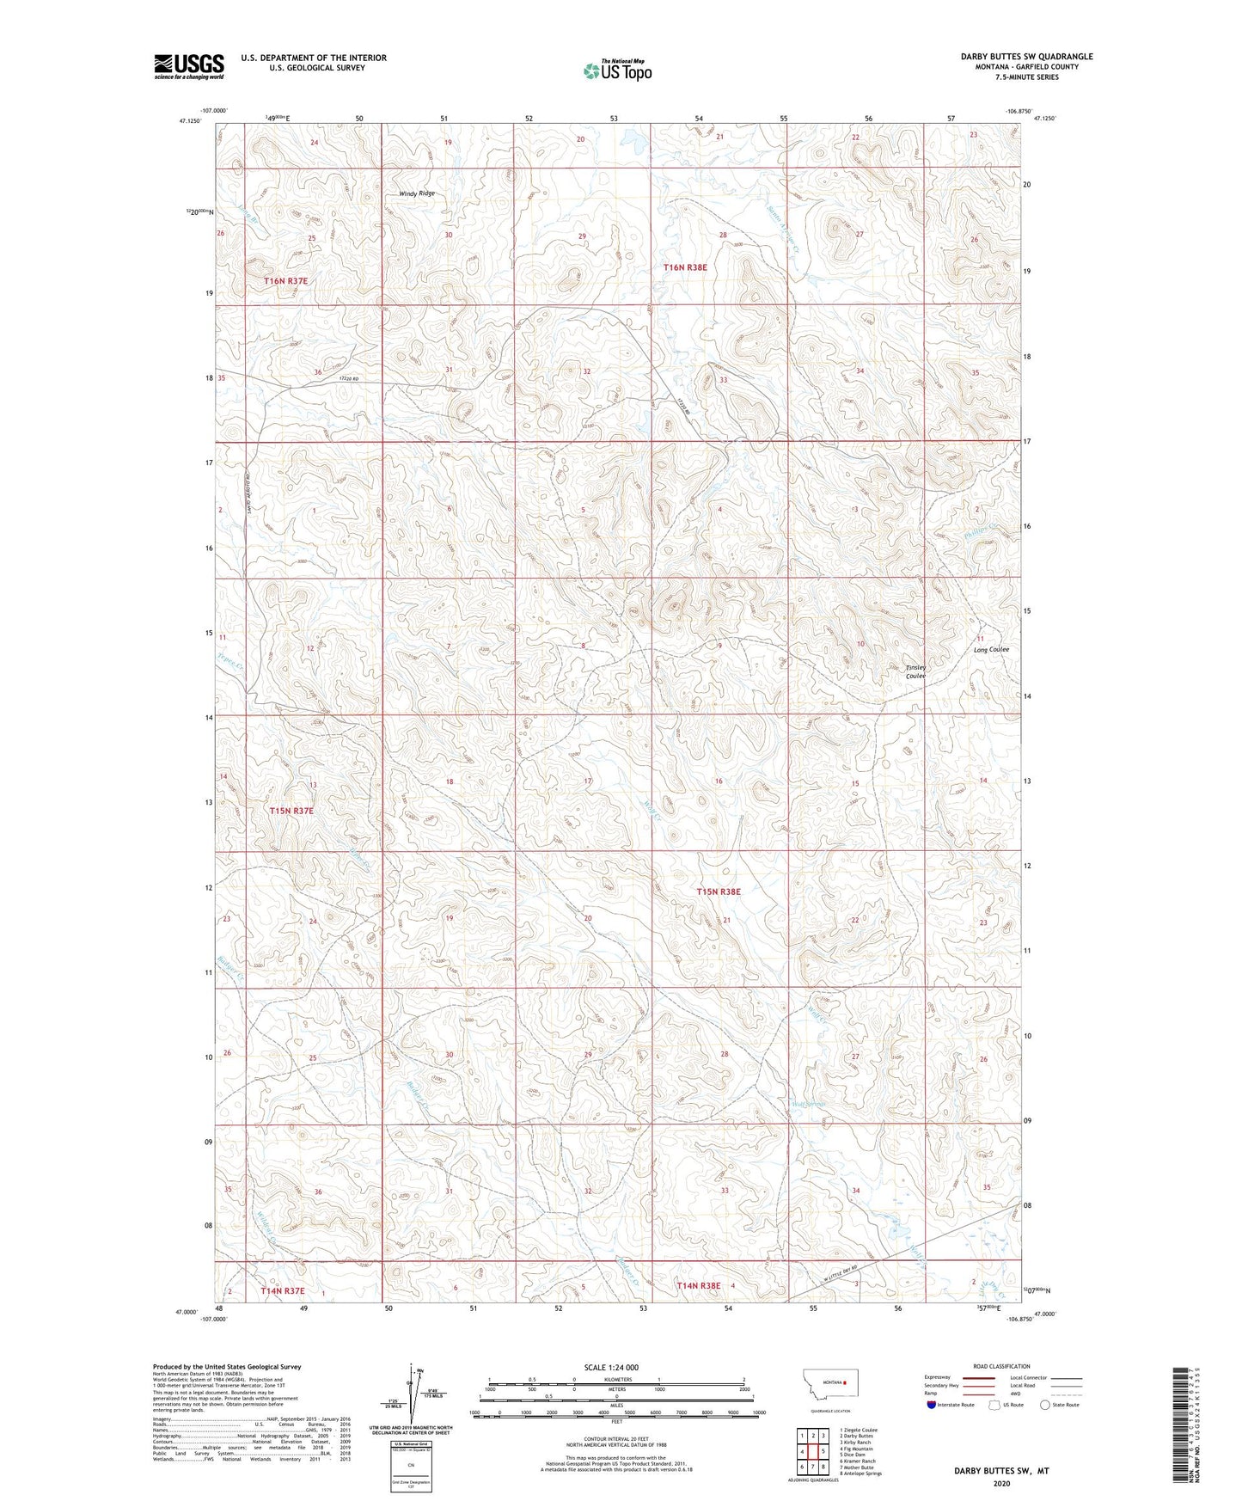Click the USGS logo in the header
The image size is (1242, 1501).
[x=189, y=66]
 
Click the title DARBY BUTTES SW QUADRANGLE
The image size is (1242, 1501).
[x=1026, y=57]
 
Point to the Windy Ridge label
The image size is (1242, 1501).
[x=417, y=194]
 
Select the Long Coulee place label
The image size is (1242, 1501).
[x=991, y=650]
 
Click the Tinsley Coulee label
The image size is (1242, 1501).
[x=915, y=671]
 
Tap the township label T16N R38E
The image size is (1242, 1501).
[x=685, y=267]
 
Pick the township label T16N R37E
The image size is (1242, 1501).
[x=285, y=281]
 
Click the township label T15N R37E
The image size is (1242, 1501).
[x=291, y=811]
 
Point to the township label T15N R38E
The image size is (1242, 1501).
[x=718, y=892]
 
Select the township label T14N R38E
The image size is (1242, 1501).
[x=698, y=1286]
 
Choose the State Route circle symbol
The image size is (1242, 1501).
[x=1045, y=1405]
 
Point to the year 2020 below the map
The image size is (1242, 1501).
[x=1000, y=1484]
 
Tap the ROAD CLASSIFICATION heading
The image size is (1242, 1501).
[x=1000, y=1366]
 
